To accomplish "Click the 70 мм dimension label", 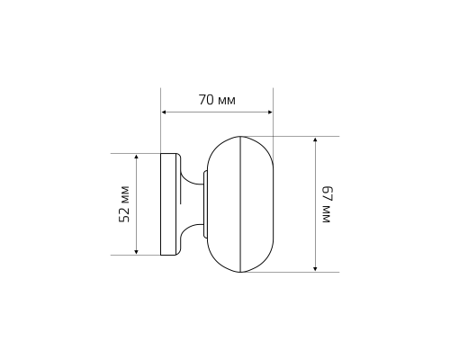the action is point(217,100).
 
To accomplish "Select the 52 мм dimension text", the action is point(124,204).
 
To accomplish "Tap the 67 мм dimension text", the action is point(326,204).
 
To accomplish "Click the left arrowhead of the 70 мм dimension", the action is point(164,112).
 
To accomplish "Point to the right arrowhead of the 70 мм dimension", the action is point(270,112).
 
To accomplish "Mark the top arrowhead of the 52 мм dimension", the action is point(136,157).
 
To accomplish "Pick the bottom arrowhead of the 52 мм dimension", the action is point(136,252).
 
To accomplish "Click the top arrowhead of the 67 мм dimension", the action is point(315,140).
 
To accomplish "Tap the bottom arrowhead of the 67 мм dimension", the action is point(315,268).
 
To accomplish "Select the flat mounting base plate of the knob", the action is point(168,204).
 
